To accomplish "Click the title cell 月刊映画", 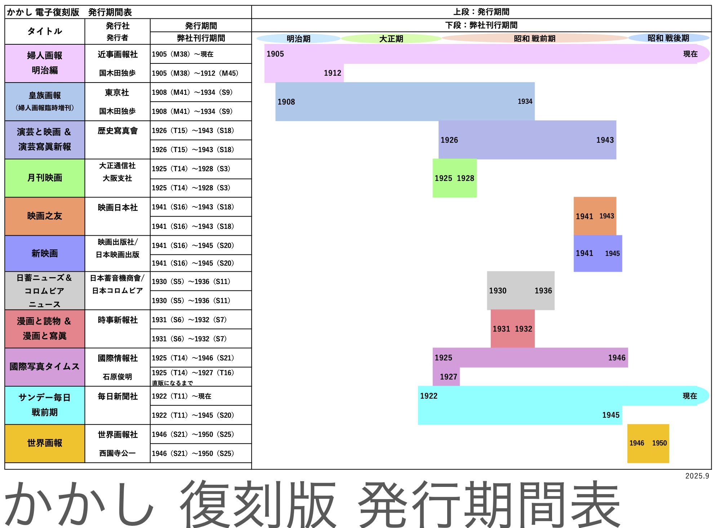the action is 45,178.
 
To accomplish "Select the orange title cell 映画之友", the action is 45,216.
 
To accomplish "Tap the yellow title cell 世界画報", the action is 45,443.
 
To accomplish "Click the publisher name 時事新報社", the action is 117,320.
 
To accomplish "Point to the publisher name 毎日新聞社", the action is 117,396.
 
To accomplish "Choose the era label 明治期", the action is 298,39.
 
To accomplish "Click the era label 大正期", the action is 391,39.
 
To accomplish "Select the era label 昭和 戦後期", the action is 668,38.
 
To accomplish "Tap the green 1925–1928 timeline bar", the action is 454,178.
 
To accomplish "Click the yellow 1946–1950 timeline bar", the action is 648,443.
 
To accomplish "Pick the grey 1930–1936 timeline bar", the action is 520,290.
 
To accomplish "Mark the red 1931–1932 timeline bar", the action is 512,329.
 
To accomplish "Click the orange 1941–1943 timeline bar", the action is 595,216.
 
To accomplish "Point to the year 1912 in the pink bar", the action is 332,73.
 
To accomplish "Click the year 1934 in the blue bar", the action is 525,102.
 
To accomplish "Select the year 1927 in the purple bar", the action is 448,377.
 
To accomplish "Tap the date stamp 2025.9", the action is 697,476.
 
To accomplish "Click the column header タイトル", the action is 45,31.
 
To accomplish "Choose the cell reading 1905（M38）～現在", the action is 183,54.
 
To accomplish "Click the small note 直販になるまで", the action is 172,383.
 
